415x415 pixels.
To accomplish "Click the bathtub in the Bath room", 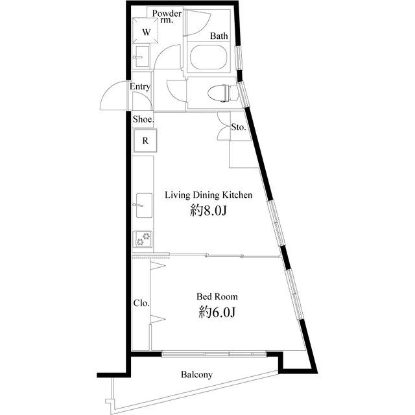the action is [x=209, y=57].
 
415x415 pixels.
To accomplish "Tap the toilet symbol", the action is [x=223, y=93].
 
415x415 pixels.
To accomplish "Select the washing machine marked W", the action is [x=145, y=30].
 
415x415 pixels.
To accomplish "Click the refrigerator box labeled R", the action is [x=145, y=141].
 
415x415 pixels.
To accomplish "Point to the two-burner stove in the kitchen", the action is [x=143, y=239].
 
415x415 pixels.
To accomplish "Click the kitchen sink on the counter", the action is [x=144, y=206].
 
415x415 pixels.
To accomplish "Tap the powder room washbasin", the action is [x=142, y=56].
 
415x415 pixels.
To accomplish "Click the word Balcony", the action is [x=196, y=375].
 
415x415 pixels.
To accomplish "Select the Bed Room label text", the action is [x=217, y=296].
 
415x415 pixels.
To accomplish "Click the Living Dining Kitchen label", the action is [x=209, y=195].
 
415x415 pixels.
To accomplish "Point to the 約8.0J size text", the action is [x=209, y=211].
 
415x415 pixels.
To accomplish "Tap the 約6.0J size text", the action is [x=217, y=313].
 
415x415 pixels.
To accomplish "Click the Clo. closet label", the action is [x=141, y=303].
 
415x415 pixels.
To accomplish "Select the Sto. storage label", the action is [x=239, y=127].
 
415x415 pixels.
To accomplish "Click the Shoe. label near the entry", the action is [x=143, y=119].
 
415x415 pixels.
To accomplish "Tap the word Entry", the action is [x=140, y=86].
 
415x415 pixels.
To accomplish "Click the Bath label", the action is [x=219, y=36].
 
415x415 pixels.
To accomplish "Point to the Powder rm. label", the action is [x=167, y=16].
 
